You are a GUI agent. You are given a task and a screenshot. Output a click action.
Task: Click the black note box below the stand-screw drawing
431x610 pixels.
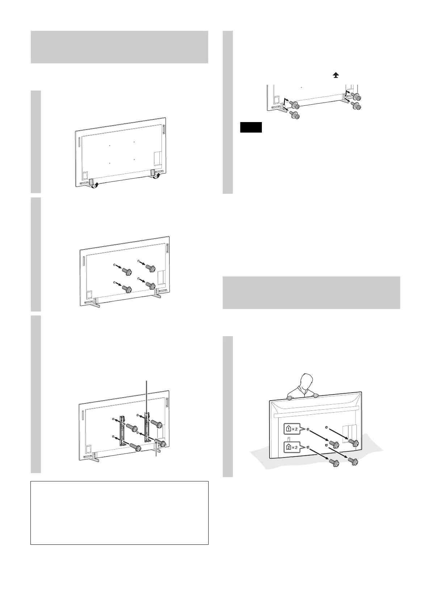click(x=251, y=128)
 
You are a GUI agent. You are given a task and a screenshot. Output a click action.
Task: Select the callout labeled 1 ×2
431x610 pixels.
click(x=293, y=430)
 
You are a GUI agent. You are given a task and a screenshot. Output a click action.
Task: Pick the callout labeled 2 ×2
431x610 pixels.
click(x=293, y=447)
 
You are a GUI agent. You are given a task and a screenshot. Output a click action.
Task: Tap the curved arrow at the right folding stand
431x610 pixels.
click(x=158, y=176)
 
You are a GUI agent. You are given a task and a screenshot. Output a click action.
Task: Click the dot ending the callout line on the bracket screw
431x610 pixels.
click(x=156, y=442)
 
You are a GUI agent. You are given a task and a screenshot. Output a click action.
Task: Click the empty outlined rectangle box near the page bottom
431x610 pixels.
click(x=120, y=513)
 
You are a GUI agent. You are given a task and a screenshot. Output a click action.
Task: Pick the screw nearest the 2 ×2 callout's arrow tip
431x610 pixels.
click(x=334, y=462)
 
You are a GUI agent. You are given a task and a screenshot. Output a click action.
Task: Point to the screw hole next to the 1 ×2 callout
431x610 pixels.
click(x=307, y=429)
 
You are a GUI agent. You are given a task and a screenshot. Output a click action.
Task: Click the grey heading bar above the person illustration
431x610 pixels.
click(x=311, y=293)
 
